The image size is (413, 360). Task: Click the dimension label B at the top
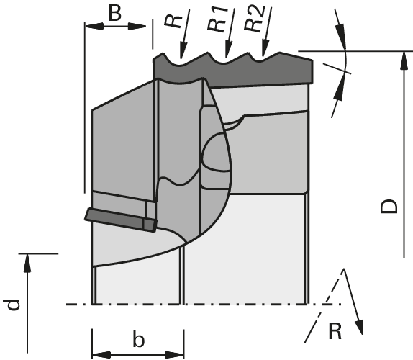[115, 13]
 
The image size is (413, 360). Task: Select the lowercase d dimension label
[13, 305]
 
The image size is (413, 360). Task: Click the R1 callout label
[217, 19]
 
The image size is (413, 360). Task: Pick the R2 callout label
[254, 18]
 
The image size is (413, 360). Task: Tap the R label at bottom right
[335, 331]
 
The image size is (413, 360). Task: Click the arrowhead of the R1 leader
[229, 49]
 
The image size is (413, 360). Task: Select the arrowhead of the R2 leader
[265, 48]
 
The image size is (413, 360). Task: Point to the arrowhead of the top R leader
[183, 50]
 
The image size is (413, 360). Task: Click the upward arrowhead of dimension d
[27, 263]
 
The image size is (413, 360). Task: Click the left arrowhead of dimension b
[101, 355]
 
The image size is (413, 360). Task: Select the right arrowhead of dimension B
[137, 27]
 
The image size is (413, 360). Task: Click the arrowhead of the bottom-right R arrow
[360, 327]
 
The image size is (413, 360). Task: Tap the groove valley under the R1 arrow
[225, 61]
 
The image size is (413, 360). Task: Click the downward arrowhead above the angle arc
[340, 37]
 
